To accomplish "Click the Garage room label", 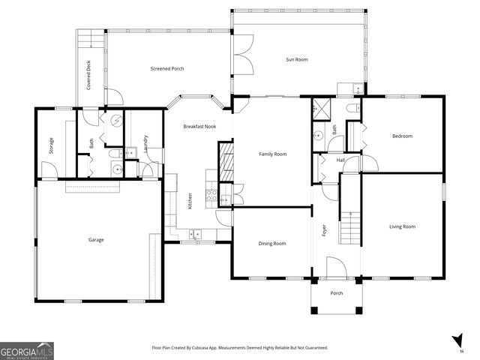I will (96, 240).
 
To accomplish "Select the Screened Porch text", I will (168, 69).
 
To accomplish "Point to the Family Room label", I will (273, 154).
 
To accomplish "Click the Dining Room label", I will (272, 243).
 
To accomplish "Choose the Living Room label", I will (402, 226).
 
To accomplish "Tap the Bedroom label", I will (402, 136).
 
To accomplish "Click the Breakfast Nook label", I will (199, 127).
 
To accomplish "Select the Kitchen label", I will (190, 202).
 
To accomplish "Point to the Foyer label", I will (325, 231).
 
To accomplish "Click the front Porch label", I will (337, 293).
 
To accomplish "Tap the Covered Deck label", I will (88, 77).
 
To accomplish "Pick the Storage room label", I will (51, 144).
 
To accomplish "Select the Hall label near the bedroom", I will (340, 160).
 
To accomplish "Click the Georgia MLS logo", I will (27, 350).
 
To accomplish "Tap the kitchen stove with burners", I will (211, 197).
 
